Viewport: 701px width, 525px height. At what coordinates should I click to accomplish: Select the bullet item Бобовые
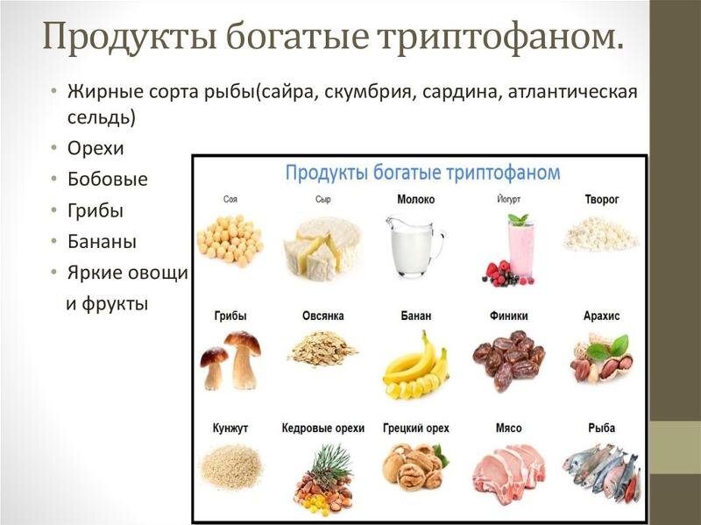[108, 179]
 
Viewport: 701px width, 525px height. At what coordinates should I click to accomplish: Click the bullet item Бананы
[102, 241]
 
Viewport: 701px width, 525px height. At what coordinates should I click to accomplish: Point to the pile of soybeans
[230, 239]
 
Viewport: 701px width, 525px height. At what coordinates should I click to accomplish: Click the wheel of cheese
[322, 245]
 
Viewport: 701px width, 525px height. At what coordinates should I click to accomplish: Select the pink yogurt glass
[516, 249]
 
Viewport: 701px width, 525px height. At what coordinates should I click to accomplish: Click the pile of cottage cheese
[600, 234]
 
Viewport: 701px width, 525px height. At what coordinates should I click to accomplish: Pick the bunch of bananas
[415, 365]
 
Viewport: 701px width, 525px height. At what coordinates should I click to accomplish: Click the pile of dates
[509, 358]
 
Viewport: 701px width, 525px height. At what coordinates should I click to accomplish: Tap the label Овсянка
[323, 316]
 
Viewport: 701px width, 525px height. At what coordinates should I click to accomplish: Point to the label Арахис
[601, 316]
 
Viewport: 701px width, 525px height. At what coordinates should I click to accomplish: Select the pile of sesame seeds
[230, 465]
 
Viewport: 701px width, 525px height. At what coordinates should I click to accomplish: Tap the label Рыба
[602, 429]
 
